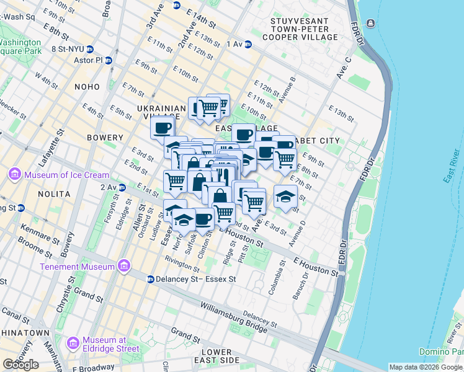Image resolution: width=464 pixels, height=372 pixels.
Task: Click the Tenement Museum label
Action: (x=77, y=267)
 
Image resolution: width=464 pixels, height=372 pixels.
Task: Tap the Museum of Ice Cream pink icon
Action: (x=14, y=175)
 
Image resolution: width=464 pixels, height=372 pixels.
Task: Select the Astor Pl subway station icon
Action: (x=109, y=60)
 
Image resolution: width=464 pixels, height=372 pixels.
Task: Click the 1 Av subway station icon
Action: (x=248, y=44)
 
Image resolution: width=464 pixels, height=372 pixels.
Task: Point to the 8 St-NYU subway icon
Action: (x=90, y=48)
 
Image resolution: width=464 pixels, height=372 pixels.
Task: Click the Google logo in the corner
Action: (x=20, y=364)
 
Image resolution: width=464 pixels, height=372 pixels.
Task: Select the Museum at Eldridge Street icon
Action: (x=73, y=342)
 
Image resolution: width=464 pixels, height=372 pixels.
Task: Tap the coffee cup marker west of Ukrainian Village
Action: (x=163, y=128)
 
